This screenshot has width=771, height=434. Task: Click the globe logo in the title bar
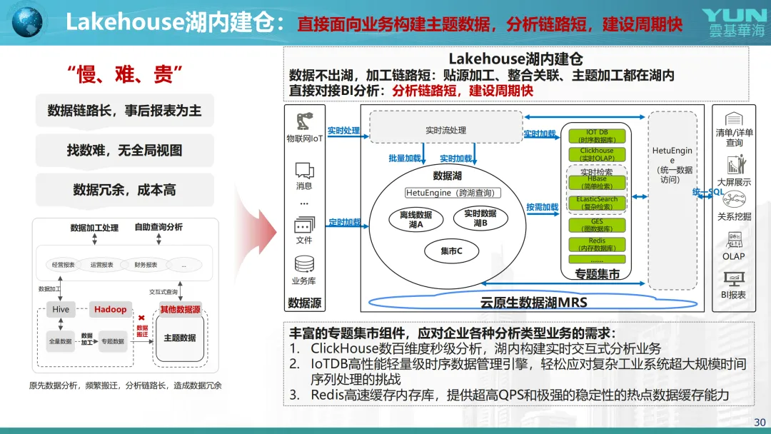tap(27, 21)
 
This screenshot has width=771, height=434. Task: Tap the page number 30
tap(760, 422)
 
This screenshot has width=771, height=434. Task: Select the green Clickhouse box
tap(597, 154)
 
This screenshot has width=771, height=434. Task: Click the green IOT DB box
tap(597, 136)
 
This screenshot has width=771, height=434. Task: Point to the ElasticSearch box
tap(597, 203)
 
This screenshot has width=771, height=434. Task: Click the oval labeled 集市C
tap(451, 251)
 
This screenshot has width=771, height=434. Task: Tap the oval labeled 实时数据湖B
tap(480, 218)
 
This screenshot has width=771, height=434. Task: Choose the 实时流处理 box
tap(445, 130)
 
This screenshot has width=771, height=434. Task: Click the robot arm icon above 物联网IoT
tap(304, 121)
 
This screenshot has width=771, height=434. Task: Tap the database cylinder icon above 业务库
tap(304, 264)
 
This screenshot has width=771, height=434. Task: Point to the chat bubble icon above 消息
tap(304, 170)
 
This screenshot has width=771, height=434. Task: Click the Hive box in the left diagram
tap(61, 309)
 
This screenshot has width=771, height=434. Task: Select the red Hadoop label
tap(110, 309)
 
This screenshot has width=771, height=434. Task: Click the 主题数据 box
tap(180, 338)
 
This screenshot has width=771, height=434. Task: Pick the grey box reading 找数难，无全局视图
tap(124, 151)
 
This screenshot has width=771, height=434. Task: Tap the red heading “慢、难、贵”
tap(125, 73)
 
